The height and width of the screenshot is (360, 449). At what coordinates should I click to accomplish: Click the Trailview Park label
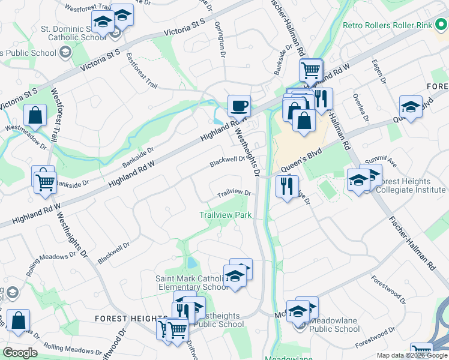226,215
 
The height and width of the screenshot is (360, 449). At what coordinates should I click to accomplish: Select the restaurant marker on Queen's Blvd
287,186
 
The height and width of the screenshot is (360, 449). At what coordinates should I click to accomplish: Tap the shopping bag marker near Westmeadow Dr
35,116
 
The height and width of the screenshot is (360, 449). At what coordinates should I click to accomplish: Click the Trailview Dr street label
234,193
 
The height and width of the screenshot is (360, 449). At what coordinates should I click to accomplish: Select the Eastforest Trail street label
142,71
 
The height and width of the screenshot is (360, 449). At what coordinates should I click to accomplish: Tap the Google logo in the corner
20,353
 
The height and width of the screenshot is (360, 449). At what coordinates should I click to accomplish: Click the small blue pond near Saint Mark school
191,263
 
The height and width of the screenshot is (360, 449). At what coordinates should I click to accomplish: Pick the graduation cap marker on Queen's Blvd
411,107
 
